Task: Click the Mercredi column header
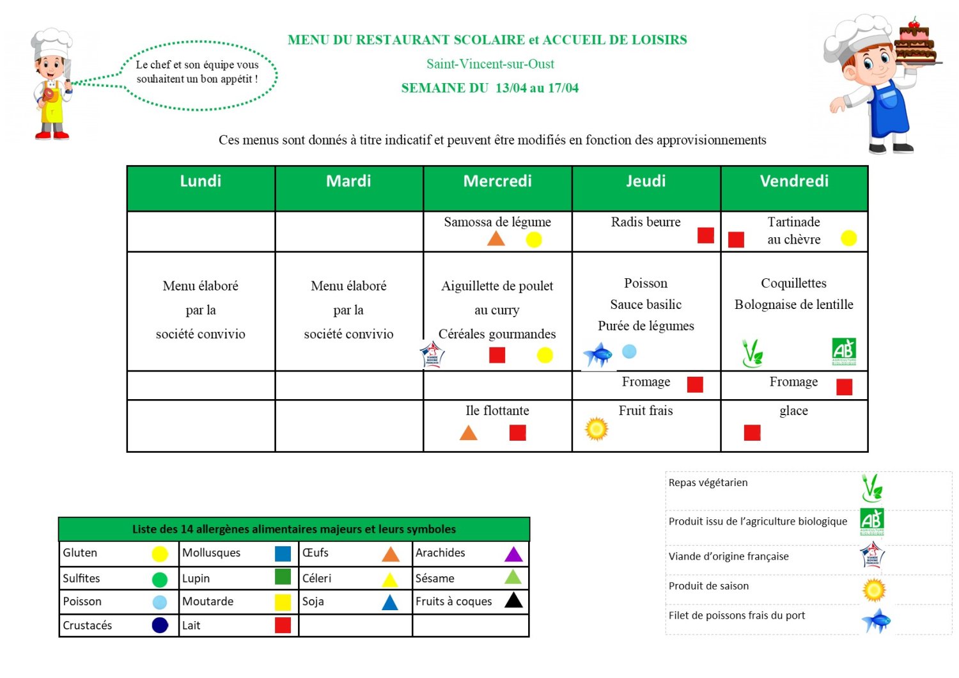497,182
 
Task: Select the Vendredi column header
794,182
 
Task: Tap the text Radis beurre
646,222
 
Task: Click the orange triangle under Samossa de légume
496,239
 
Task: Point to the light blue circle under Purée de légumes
629,351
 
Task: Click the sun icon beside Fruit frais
596,429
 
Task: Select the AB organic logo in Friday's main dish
844,351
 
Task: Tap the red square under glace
752,433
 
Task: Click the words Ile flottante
497,411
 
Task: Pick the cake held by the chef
916,43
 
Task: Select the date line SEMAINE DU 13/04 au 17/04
490,88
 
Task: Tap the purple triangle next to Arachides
513,555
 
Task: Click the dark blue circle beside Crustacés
160,626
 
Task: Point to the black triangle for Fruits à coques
513,601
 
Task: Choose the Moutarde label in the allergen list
208,601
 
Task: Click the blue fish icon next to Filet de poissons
875,620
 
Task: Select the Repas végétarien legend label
708,483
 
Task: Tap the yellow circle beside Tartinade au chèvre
848,238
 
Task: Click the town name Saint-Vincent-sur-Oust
490,64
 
